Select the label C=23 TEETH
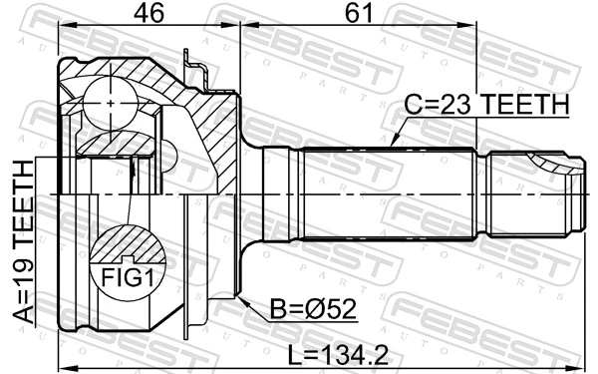coord(485,104)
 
